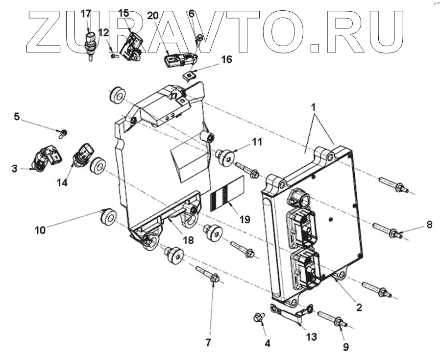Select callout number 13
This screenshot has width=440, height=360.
click(x=311, y=337)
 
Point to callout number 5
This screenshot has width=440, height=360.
click(x=17, y=117)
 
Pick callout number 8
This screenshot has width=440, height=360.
click(x=429, y=225)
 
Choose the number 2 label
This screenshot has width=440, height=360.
click(x=359, y=308)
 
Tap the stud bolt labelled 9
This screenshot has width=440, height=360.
click(x=332, y=319)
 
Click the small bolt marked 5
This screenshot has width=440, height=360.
click(x=63, y=132)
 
